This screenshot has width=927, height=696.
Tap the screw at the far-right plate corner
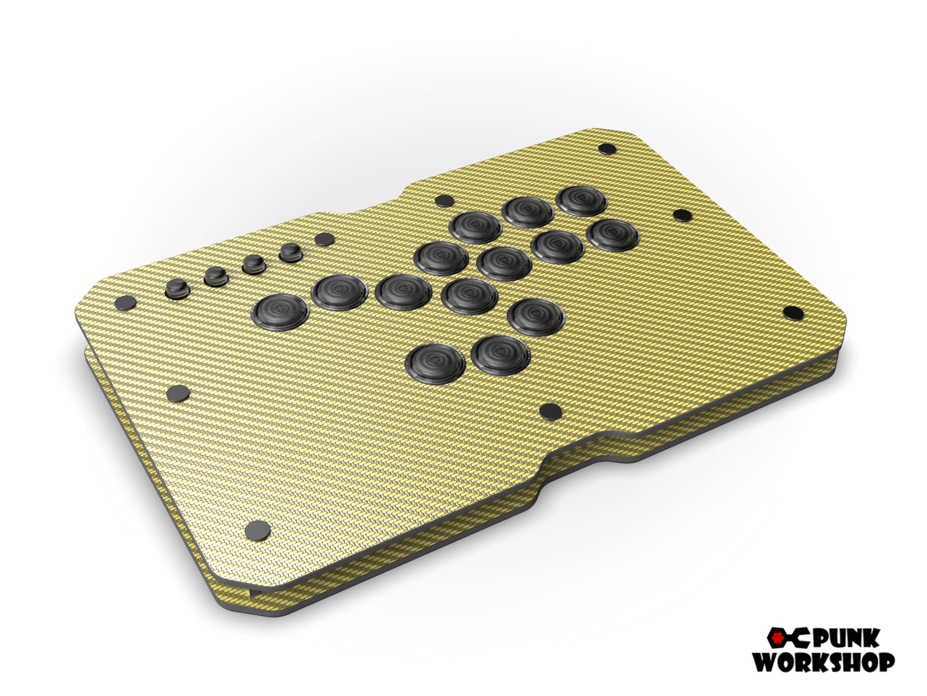(x=791, y=312)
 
